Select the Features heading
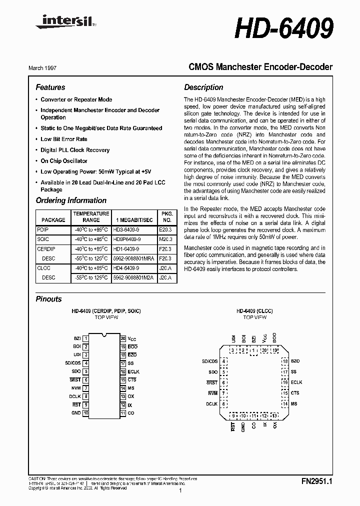click(50, 87)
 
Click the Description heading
click(203, 87)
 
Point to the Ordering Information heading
click(71, 200)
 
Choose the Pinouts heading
click(49, 299)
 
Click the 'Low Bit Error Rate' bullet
click(64, 139)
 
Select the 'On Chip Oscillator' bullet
click(64, 161)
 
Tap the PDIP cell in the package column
click(43, 229)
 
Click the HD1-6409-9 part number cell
click(127, 248)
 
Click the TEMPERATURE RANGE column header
click(91, 216)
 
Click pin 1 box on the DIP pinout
click(86, 339)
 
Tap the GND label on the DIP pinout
click(76, 413)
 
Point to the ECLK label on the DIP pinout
click(133, 372)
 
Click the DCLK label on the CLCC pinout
click(211, 403)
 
